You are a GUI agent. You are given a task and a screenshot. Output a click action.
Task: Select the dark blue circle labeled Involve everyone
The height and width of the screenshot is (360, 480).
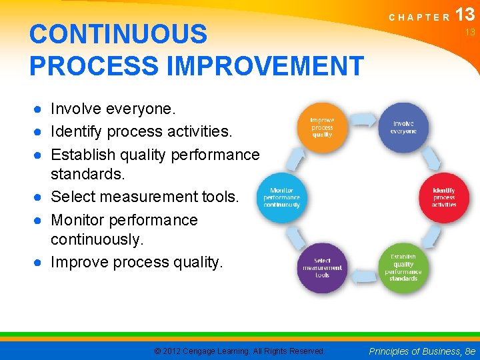(403, 127)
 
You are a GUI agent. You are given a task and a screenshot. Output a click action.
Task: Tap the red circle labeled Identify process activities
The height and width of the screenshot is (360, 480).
(443, 197)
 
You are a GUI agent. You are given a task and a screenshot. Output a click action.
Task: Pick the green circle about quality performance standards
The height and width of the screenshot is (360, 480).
(403, 267)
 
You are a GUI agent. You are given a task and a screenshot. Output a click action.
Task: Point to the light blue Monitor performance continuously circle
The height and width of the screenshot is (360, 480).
(281, 197)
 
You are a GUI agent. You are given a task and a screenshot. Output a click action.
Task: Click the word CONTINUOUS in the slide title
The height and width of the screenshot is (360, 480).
(118, 34)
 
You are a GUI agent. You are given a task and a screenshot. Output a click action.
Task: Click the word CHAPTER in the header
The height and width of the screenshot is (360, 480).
(419, 18)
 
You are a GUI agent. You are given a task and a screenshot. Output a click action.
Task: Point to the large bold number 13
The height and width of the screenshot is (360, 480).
(466, 15)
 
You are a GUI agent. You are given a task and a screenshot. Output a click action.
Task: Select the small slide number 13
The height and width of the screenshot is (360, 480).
(469, 32)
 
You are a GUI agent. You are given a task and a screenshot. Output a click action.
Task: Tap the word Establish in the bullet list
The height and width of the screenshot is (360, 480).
(84, 155)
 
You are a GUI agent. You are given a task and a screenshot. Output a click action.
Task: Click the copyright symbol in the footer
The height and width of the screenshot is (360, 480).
(157, 351)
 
